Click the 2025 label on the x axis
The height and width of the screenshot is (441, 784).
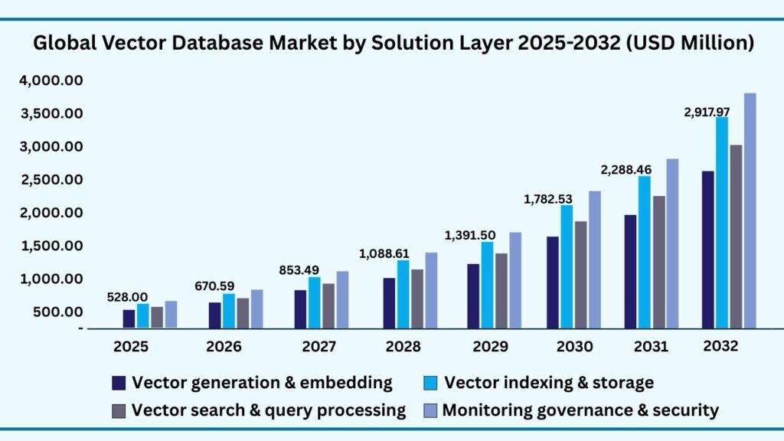132,347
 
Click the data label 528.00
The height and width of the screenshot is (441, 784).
127,297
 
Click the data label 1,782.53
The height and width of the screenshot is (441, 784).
547,199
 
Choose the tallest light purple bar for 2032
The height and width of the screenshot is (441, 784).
750,211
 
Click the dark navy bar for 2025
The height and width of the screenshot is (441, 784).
129,318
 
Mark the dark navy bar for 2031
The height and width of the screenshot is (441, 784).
630,271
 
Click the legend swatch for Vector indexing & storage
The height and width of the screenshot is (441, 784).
431,383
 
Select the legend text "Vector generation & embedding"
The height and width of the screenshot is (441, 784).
262,383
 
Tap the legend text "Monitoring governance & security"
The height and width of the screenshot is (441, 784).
580,410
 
